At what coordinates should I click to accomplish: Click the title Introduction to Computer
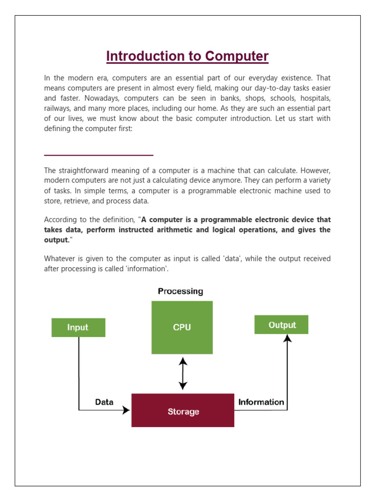(x=187, y=56)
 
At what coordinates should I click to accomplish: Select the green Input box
(x=78, y=327)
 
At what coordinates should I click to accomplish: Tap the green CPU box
(x=182, y=327)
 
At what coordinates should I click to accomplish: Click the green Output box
(x=282, y=325)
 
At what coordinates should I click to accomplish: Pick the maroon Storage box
(x=183, y=411)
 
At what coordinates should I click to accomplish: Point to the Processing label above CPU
(x=180, y=291)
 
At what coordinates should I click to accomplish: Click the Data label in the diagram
(x=104, y=402)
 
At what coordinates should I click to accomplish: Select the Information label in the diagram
(x=261, y=402)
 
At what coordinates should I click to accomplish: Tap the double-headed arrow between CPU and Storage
(x=183, y=373)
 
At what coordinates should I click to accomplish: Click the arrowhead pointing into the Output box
(x=288, y=338)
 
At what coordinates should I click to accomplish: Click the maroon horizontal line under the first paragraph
(x=99, y=155)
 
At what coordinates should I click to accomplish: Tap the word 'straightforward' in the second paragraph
(x=83, y=171)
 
